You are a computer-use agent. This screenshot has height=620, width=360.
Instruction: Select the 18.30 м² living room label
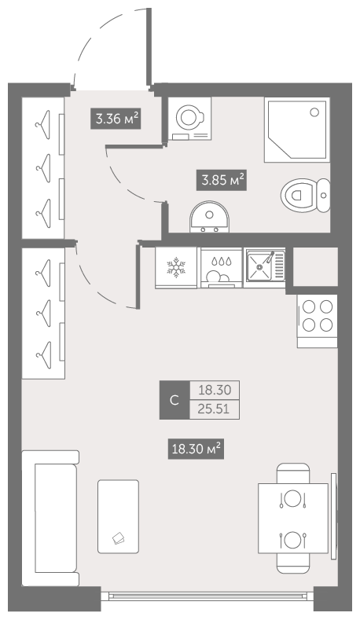[x=196, y=449]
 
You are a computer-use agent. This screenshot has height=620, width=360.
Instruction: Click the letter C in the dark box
[x=174, y=400]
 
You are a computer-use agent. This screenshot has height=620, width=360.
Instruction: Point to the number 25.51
[x=214, y=409]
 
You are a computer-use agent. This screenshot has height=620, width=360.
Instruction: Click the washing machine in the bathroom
[x=190, y=118]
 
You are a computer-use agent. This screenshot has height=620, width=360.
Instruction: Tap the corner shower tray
[x=297, y=130]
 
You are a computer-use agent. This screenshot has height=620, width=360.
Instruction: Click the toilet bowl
[x=306, y=196]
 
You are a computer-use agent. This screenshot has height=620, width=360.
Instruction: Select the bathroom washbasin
[x=209, y=217]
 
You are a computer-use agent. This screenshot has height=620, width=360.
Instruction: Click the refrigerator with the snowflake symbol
[x=176, y=268]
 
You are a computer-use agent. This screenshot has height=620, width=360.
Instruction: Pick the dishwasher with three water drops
[x=221, y=268]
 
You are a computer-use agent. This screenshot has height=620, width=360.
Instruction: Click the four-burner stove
[x=318, y=321]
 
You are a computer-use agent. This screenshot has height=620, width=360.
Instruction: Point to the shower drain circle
[x=314, y=112]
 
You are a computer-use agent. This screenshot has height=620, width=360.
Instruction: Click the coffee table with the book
[x=118, y=516]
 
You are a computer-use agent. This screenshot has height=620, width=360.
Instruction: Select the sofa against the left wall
[x=50, y=518]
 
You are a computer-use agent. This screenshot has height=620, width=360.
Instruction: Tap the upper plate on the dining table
[x=292, y=498]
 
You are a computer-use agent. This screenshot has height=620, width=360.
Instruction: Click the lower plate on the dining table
[x=292, y=540]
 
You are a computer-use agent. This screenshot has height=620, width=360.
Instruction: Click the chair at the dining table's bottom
[x=292, y=563]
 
